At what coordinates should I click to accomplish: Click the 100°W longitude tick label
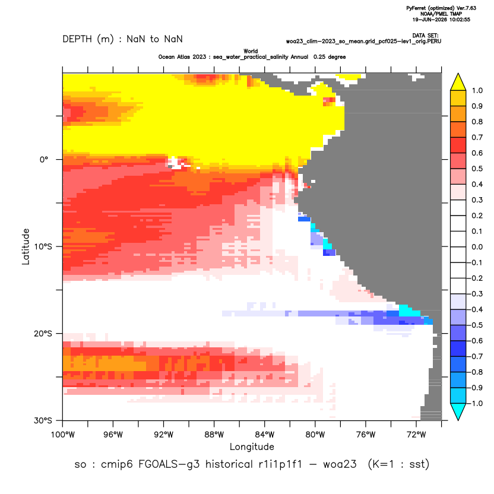63,435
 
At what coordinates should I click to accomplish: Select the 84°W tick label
265,435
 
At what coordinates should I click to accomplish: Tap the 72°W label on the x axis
416,435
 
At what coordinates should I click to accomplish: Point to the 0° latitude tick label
44,159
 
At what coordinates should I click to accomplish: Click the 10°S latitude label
43,246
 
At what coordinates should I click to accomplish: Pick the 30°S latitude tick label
43,420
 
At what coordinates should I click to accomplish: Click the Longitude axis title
252,446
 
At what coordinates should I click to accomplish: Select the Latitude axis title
26,246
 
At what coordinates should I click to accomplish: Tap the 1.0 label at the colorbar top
477,90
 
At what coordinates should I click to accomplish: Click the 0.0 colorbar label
477,246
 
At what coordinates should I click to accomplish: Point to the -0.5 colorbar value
476,325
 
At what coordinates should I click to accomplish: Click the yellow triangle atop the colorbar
458,83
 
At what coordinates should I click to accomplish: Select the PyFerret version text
441,8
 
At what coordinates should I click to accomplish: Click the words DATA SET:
425,36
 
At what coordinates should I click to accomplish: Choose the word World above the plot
251,51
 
